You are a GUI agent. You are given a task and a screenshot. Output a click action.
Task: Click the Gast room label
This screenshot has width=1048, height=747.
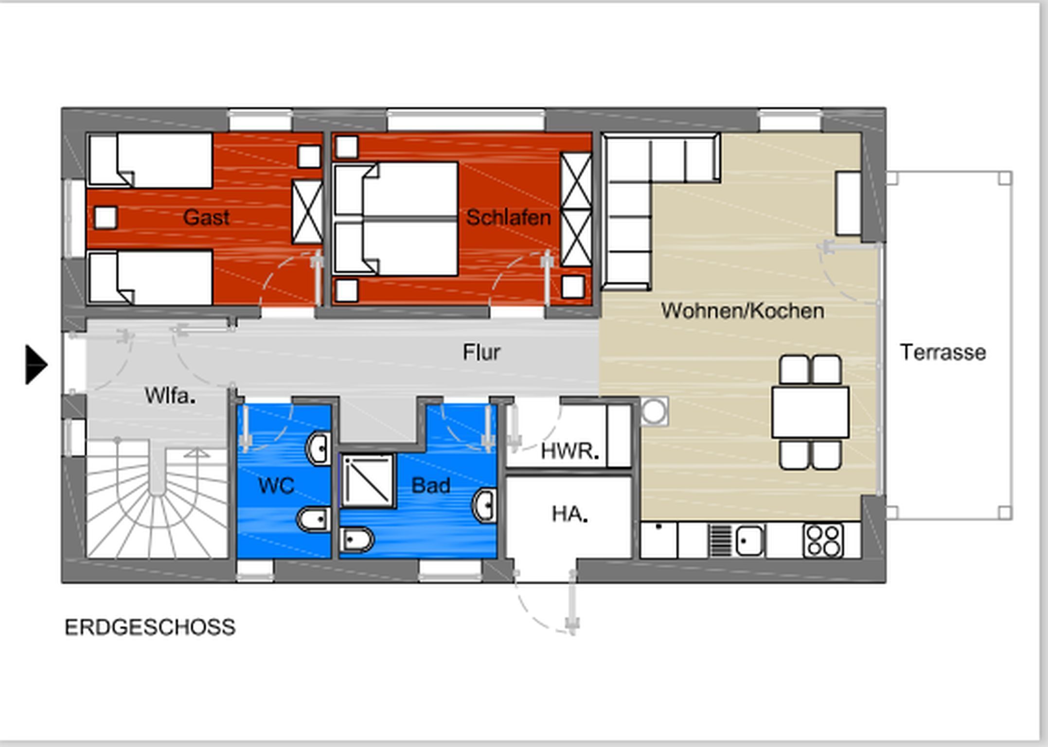[x=206, y=217]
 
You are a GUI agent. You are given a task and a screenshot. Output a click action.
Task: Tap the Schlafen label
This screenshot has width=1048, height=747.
[x=509, y=217]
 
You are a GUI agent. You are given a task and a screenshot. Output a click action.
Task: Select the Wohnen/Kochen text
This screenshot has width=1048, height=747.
[x=743, y=311]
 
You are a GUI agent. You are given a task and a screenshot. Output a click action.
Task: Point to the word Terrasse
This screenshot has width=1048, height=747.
[x=943, y=352]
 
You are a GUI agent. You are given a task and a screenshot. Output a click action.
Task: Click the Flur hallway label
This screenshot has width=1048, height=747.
[x=481, y=352]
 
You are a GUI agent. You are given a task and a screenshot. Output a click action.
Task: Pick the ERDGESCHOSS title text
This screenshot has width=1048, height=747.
[x=150, y=627]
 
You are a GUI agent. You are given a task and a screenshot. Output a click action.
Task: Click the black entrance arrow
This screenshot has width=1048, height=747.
[x=36, y=365]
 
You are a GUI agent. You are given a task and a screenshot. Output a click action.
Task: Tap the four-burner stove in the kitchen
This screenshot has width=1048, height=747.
[x=823, y=540]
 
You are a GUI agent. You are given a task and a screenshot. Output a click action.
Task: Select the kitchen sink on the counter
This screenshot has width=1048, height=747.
[x=749, y=540]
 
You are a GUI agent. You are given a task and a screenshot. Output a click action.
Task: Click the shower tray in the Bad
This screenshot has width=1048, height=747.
[x=368, y=480]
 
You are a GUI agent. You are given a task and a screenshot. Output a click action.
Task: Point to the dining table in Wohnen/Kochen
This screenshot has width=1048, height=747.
[x=811, y=412]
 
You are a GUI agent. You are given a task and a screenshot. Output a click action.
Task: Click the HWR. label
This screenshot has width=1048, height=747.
[x=570, y=451]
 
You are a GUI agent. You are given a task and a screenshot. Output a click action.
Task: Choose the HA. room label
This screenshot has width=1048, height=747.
[x=570, y=514]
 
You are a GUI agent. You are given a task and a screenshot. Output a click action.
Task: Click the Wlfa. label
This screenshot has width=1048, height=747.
[x=170, y=396]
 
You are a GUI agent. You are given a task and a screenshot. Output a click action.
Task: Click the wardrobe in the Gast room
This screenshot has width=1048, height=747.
[x=307, y=212]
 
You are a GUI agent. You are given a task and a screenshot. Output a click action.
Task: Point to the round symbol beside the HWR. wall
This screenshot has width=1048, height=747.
[x=654, y=411]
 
